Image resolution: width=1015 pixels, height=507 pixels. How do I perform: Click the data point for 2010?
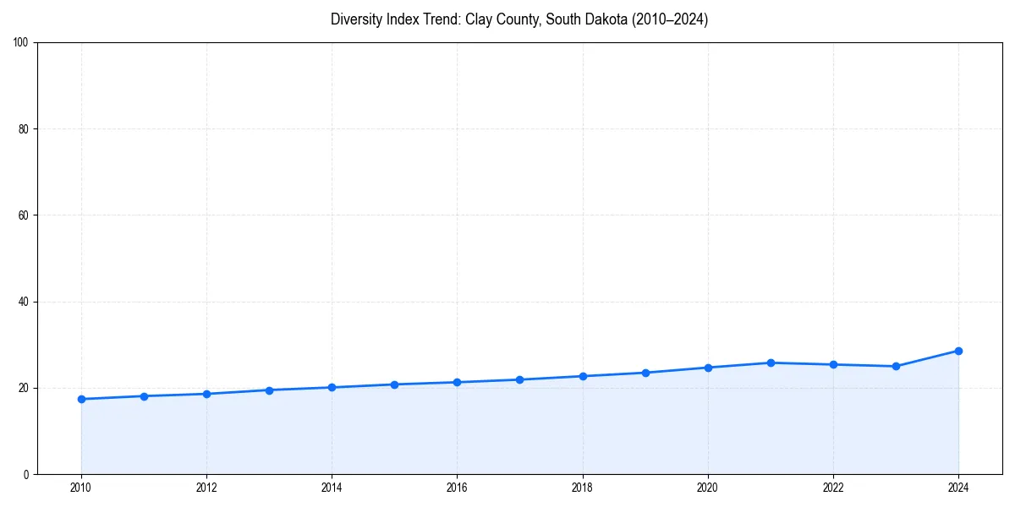click(81, 399)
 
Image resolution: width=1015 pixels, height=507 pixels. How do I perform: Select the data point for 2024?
click(958, 351)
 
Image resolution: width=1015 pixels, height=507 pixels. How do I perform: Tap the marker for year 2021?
click(771, 363)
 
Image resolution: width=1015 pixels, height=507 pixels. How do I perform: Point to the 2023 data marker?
click(896, 366)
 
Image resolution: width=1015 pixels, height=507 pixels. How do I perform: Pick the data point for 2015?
click(394, 384)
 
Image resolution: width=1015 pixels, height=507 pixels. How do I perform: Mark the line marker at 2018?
click(583, 376)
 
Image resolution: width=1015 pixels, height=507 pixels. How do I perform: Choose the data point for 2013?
click(269, 390)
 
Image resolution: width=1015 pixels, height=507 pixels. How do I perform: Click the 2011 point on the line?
click(144, 396)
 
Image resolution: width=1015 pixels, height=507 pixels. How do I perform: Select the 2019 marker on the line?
click(645, 373)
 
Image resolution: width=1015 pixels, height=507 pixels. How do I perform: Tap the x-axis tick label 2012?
click(206, 488)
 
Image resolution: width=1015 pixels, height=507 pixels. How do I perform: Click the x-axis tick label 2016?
click(457, 488)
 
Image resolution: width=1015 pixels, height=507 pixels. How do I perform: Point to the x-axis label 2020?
click(708, 488)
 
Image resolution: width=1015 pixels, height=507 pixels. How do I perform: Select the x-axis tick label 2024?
click(958, 488)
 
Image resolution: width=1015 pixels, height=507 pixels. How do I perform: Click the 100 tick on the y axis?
click(21, 43)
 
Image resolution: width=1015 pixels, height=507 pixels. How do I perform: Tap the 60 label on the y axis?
click(24, 215)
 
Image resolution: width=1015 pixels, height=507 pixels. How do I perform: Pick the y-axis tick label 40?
click(24, 302)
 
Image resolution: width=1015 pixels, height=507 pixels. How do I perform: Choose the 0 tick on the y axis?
click(26, 474)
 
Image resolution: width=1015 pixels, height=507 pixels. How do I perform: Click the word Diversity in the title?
click(356, 19)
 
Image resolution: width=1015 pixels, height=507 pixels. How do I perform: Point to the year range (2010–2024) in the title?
click(667, 19)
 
